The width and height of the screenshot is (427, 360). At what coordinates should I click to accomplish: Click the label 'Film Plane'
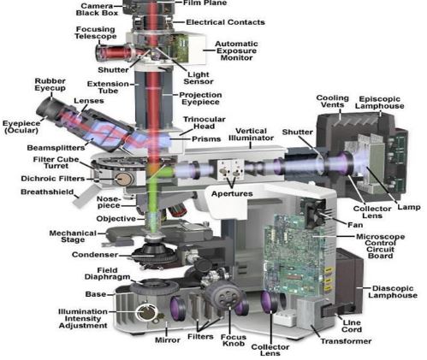coord(205,3)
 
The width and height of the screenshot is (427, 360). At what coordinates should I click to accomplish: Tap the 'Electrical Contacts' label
coord(225,22)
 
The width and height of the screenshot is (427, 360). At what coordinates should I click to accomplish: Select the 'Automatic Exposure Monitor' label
coord(236,50)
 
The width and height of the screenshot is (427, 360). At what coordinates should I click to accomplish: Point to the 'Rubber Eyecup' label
coord(50,85)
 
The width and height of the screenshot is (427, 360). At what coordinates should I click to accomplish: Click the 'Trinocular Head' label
coord(205,123)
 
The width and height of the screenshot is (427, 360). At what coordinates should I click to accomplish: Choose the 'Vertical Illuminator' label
coord(251,134)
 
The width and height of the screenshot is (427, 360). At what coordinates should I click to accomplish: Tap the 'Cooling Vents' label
coord(333,102)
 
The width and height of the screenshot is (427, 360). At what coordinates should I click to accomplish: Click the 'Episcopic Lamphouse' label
coord(380,103)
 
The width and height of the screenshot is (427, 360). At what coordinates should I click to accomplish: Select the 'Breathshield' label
coord(47,192)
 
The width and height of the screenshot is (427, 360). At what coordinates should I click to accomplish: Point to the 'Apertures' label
coord(232,194)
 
